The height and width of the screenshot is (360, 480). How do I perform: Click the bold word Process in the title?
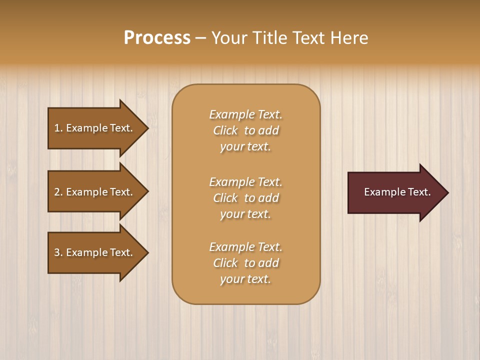tap(157, 38)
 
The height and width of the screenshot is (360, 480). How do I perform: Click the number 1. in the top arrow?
tap(58, 128)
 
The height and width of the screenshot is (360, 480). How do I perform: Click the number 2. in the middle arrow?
tap(58, 192)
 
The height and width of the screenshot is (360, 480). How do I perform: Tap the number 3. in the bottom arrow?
tap(58, 252)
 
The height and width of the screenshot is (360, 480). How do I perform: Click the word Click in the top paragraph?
tap(225, 130)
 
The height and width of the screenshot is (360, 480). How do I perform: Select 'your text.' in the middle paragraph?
tap(245, 214)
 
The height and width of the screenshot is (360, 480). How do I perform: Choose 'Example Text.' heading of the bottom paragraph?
tap(245, 247)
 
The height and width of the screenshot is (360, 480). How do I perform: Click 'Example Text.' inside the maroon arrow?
tap(397, 192)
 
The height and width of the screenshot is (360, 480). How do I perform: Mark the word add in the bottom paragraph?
tap(269, 263)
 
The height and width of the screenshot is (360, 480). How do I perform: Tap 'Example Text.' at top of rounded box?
tap(245, 114)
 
